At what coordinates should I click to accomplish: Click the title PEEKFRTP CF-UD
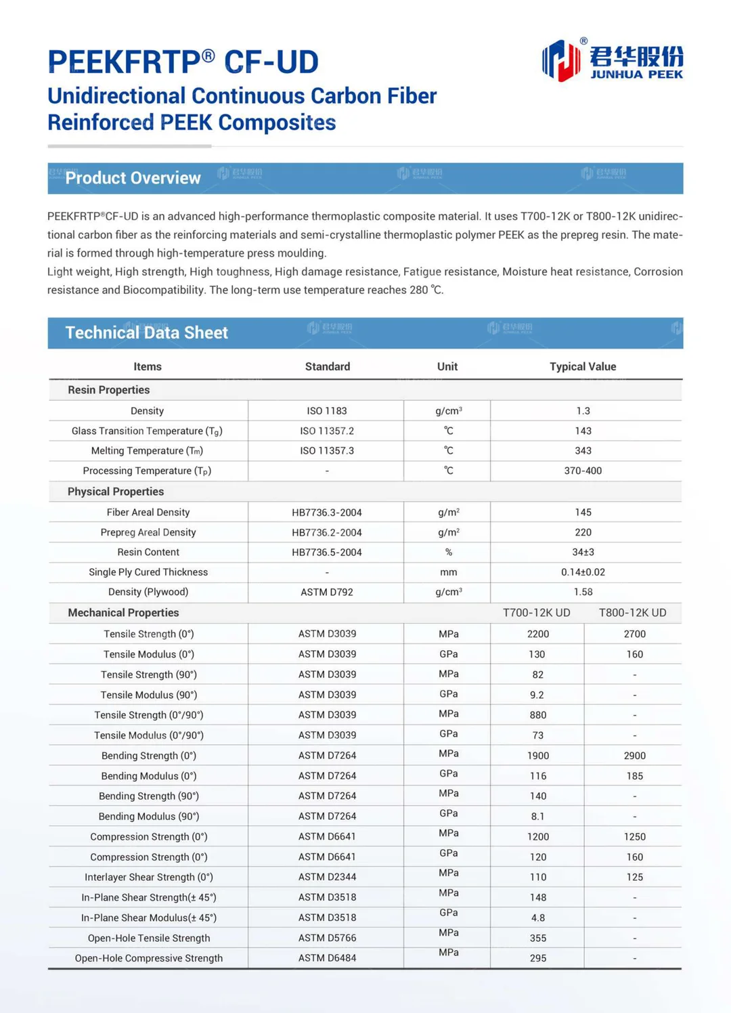click(x=183, y=62)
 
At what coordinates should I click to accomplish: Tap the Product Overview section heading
click(x=133, y=178)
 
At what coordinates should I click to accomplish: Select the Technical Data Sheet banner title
click(x=146, y=332)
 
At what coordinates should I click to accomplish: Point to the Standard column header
click(x=327, y=366)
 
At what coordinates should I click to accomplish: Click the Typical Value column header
click(x=582, y=366)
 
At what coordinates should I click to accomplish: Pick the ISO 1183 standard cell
click(x=326, y=411)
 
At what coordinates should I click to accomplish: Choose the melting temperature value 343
click(x=583, y=451)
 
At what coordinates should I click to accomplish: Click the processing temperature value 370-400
click(x=583, y=471)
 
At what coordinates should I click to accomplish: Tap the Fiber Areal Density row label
click(x=148, y=513)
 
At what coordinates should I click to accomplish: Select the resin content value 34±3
click(x=583, y=553)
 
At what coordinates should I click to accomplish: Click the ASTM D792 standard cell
click(x=326, y=592)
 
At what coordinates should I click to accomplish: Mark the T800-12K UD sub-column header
click(x=632, y=613)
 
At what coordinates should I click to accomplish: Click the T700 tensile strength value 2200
click(x=538, y=634)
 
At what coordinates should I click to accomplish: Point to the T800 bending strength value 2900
click(x=634, y=756)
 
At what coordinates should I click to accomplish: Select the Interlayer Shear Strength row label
click(x=148, y=878)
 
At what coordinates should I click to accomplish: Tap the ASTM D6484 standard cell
click(x=326, y=958)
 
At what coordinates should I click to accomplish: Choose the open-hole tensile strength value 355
click(x=538, y=939)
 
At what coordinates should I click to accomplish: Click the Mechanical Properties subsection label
click(x=123, y=613)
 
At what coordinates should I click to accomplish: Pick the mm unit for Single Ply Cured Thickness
click(x=448, y=572)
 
